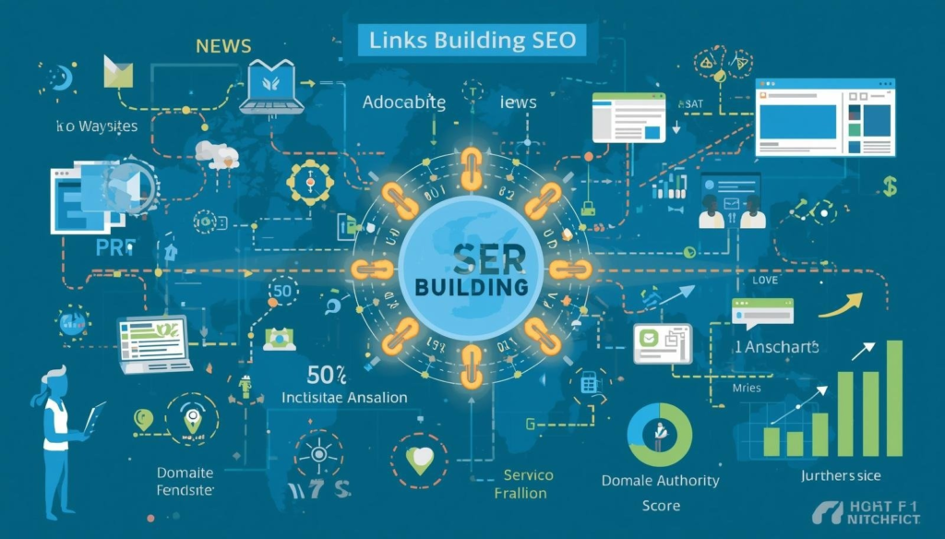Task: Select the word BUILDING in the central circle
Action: [x=472, y=287]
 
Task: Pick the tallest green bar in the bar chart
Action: [x=893, y=399]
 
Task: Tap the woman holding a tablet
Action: [x=57, y=420]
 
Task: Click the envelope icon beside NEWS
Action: [x=118, y=71]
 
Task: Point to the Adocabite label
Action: [x=404, y=102]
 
